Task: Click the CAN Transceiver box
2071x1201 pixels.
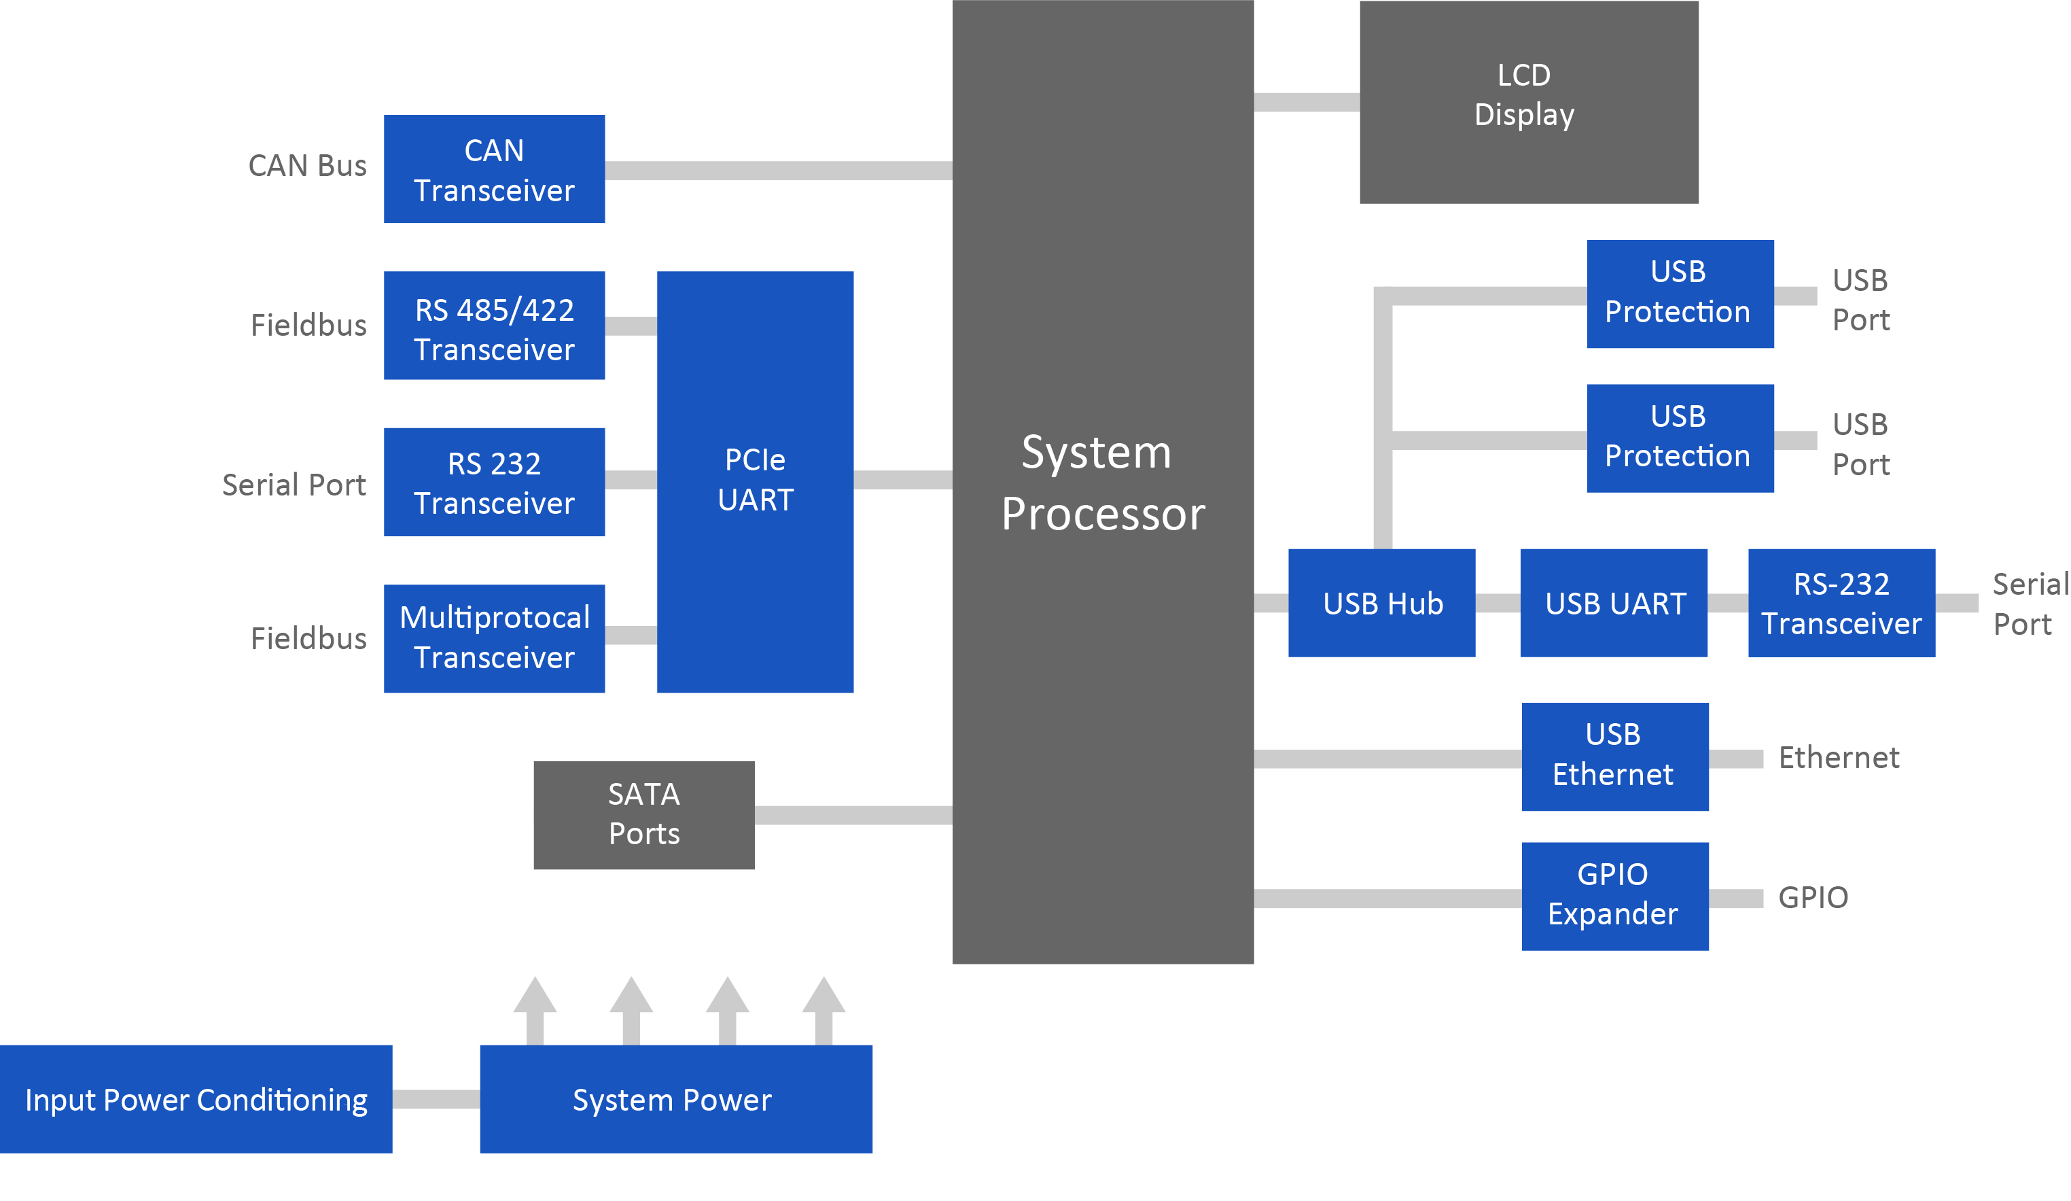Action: (x=494, y=169)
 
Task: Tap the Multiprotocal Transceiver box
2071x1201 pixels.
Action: (x=494, y=639)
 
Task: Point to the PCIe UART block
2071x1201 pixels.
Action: (x=754, y=482)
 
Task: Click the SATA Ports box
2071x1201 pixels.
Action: (x=643, y=815)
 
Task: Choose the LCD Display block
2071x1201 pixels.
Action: (x=1528, y=102)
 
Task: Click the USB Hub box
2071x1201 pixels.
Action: (x=1381, y=603)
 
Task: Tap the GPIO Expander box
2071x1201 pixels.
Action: (x=1615, y=896)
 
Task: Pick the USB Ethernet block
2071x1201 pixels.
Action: (x=1615, y=756)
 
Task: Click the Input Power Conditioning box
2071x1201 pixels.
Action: (x=196, y=1099)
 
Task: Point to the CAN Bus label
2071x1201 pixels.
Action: (x=307, y=165)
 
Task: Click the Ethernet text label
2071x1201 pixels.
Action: (x=1839, y=757)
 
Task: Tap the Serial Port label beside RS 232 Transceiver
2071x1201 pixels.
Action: (x=294, y=484)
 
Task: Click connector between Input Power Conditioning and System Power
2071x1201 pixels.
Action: (x=436, y=1099)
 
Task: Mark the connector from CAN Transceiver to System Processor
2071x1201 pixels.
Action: (x=778, y=170)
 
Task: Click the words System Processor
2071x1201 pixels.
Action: (x=1102, y=483)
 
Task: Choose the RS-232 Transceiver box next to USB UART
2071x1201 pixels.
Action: (x=1841, y=603)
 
